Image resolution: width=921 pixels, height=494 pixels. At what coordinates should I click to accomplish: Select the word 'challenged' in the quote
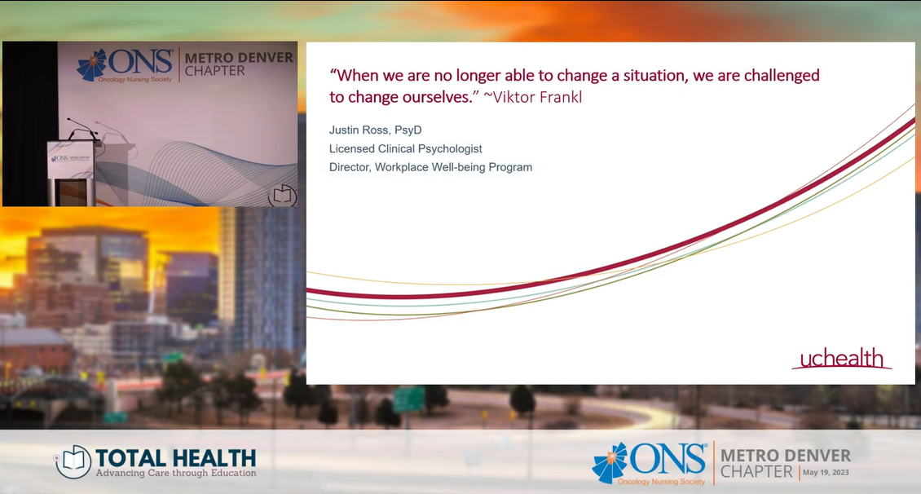coord(782,76)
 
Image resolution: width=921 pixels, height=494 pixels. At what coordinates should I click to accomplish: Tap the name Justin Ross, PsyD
coord(376,130)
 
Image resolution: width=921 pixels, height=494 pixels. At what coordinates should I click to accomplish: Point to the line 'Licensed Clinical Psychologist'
coord(405,149)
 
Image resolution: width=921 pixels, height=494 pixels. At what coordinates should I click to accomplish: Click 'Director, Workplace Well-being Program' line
coord(430,167)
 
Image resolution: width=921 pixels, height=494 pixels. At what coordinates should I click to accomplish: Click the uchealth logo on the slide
coord(842,358)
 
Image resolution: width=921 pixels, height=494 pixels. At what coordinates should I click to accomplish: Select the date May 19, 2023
coord(826,472)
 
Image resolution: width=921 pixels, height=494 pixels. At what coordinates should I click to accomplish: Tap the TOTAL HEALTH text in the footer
coord(175,457)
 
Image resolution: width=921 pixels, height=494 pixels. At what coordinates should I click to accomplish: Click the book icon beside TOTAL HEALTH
coord(73,461)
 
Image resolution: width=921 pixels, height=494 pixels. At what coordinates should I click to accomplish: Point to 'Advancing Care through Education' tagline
coord(176,473)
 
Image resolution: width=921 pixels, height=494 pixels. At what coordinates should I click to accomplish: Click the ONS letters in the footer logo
coord(668,460)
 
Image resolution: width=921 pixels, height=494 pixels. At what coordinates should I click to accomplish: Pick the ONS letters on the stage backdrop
coord(140,62)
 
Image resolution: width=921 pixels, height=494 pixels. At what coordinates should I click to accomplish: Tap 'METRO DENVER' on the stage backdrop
coord(239,58)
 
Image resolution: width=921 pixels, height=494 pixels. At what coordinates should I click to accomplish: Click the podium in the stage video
coord(71,174)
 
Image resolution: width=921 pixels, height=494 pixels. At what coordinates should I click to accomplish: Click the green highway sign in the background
coord(409,399)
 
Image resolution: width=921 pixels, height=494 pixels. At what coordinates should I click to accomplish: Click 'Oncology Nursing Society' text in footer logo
coord(661,482)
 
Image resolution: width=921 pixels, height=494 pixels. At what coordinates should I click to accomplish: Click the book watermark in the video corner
coord(282,196)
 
